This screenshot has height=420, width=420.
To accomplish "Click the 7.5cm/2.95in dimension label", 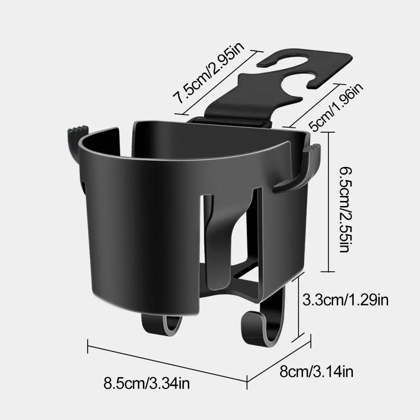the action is pyautogui.click(x=209, y=72).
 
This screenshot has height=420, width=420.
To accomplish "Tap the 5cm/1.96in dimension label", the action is pyautogui.click(x=336, y=107).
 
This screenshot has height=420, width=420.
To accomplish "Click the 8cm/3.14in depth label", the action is pyautogui.click(x=316, y=371).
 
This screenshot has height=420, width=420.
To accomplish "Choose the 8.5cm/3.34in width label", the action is pyautogui.click(x=147, y=383).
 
